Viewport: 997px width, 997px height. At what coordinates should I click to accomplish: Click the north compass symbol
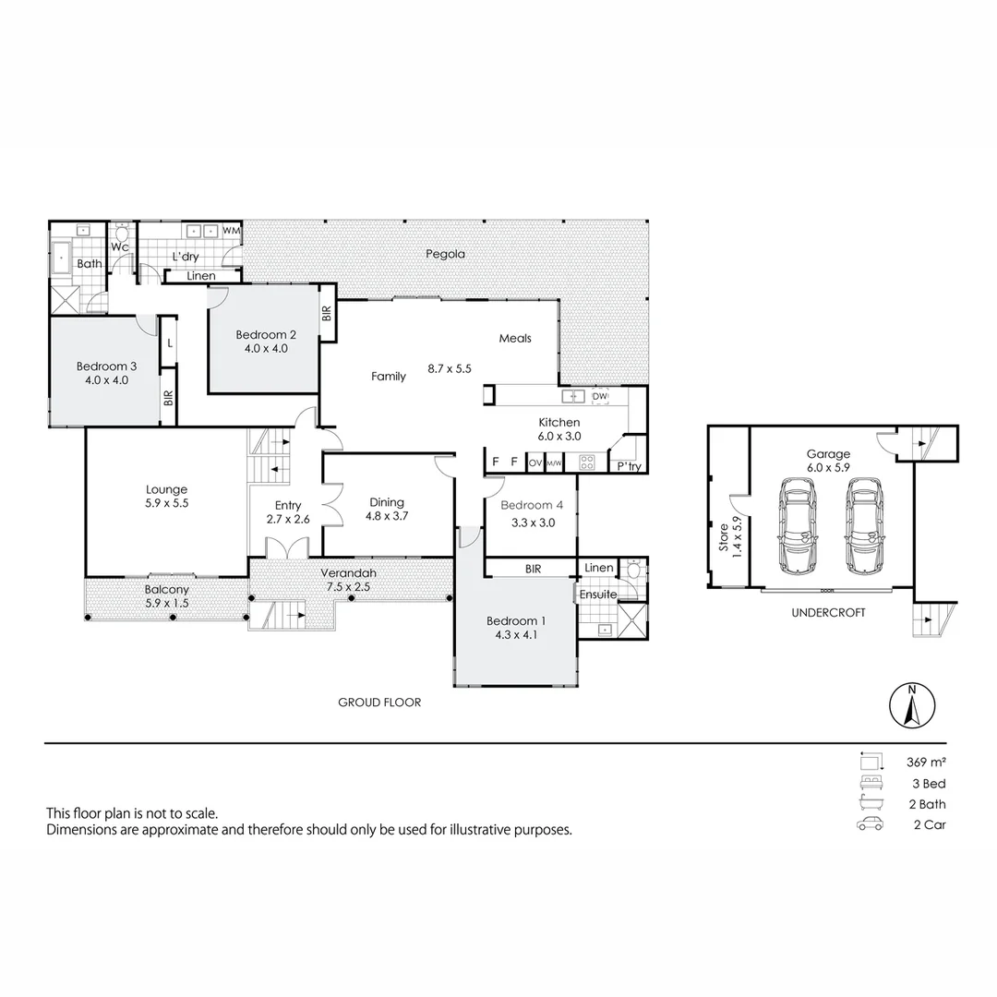911,707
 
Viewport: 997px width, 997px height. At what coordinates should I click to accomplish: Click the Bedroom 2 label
266,335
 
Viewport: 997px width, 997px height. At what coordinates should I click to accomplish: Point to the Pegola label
445,254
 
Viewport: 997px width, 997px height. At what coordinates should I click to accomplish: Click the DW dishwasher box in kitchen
600,396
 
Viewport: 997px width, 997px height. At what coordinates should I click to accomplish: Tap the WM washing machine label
231,230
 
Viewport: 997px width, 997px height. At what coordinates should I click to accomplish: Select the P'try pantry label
629,467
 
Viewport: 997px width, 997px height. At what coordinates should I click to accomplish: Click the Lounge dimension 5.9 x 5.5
166,504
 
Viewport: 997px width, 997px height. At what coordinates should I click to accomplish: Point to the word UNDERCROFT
828,612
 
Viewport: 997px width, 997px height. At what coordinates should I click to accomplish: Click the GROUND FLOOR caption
379,703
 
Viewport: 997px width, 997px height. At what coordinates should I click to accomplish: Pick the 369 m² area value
927,763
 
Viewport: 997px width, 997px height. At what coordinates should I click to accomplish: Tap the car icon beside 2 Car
870,824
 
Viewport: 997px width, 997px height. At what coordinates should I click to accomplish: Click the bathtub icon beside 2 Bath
870,804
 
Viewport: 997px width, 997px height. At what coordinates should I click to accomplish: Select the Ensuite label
598,595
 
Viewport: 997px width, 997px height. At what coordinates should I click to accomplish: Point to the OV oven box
535,462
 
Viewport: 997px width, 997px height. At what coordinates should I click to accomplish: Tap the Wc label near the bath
120,247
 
